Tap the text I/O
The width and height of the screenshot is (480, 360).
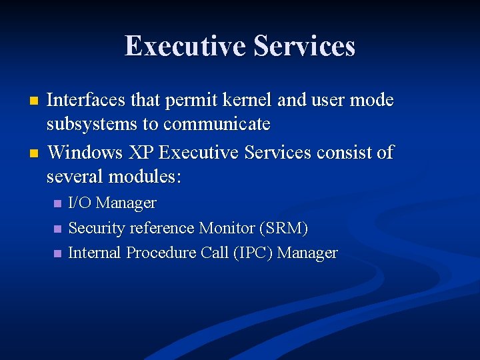[80, 203]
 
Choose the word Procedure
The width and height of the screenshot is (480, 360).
[166, 253]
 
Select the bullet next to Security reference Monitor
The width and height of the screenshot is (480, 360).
[57, 229]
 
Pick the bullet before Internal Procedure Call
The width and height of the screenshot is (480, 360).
[57, 254]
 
